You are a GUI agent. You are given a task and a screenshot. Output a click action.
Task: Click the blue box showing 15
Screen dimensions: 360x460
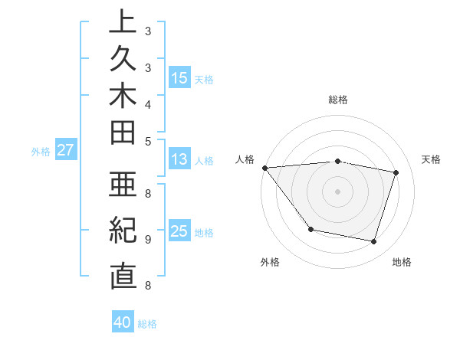click(x=179, y=77)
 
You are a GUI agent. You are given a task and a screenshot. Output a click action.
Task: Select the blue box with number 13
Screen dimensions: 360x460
click(x=179, y=159)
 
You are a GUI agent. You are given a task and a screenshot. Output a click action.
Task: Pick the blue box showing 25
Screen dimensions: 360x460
click(x=179, y=231)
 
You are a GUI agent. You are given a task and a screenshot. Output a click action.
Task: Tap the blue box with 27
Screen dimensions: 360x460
click(x=65, y=150)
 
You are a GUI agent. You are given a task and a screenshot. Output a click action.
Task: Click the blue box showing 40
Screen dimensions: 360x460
click(x=123, y=322)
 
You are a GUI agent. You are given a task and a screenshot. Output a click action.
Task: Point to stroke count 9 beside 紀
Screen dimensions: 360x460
click(x=147, y=239)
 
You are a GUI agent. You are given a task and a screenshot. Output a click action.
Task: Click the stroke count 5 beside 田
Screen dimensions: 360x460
click(x=147, y=141)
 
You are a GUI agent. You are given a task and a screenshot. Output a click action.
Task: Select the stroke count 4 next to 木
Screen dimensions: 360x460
click(x=147, y=104)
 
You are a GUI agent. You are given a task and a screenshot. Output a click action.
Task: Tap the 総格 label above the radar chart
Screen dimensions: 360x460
click(x=338, y=100)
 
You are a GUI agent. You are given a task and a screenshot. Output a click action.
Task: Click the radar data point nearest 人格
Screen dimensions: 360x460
click(x=264, y=168)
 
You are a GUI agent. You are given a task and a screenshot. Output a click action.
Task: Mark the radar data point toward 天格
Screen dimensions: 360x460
click(x=396, y=172)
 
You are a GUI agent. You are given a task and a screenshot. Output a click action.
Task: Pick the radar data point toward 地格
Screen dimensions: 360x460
click(x=373, y=241)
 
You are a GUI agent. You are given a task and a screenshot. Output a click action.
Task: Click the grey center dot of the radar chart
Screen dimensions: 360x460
click(x=338, y=191)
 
